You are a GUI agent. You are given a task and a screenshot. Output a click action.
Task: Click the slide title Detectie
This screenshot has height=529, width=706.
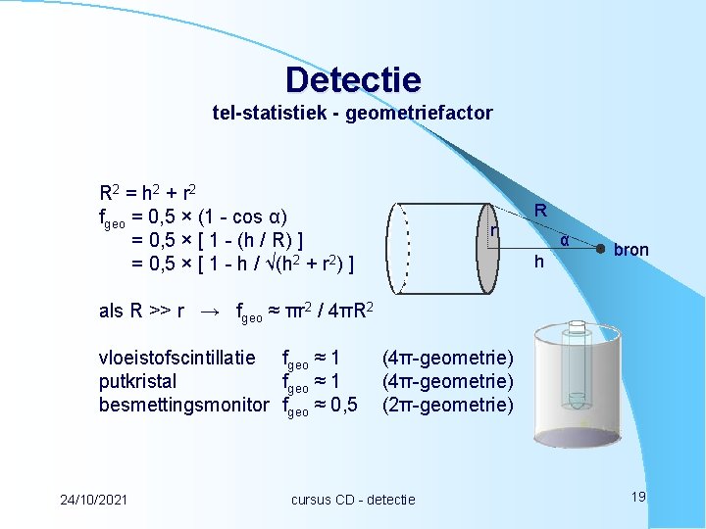pyautogui.click(x=353, y=79)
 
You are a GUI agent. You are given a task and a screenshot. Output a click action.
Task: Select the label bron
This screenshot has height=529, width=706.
pyautogui.click(x=630, y=250)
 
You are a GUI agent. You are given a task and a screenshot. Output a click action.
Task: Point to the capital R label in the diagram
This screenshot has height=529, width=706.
pyautogui.click(x=540, y=211)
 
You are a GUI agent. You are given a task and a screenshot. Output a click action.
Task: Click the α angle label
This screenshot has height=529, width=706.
pyautogui.click(x=565, y=239)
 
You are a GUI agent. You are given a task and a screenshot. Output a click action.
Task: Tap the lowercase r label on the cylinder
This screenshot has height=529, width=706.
pyautogui.click(x=494, y=230)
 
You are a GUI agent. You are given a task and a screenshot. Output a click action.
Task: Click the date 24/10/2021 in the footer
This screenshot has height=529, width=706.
pyautogui.click(x=93, y=500)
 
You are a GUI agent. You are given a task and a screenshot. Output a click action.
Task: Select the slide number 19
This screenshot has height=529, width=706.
pyautogui.click(x=638, y=498)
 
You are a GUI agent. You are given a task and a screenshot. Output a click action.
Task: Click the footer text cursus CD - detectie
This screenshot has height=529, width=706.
pyautogui.click(x=353, y=500)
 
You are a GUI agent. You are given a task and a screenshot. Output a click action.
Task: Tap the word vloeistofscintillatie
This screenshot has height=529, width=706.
pyautogui.click(x=177, y=358)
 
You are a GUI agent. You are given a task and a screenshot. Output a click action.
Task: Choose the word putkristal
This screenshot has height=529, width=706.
pyautogui.click(x=138, y=381)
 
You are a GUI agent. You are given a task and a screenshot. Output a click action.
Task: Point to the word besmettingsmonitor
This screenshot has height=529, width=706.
pyautogui.click(x=184, y=405)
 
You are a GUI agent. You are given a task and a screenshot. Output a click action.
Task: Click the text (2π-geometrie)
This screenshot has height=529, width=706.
pyautogui.click(x=447, y=405)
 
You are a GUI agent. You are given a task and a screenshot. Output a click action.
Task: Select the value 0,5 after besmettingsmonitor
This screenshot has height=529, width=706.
pyautogui.click(x=342, y=405)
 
